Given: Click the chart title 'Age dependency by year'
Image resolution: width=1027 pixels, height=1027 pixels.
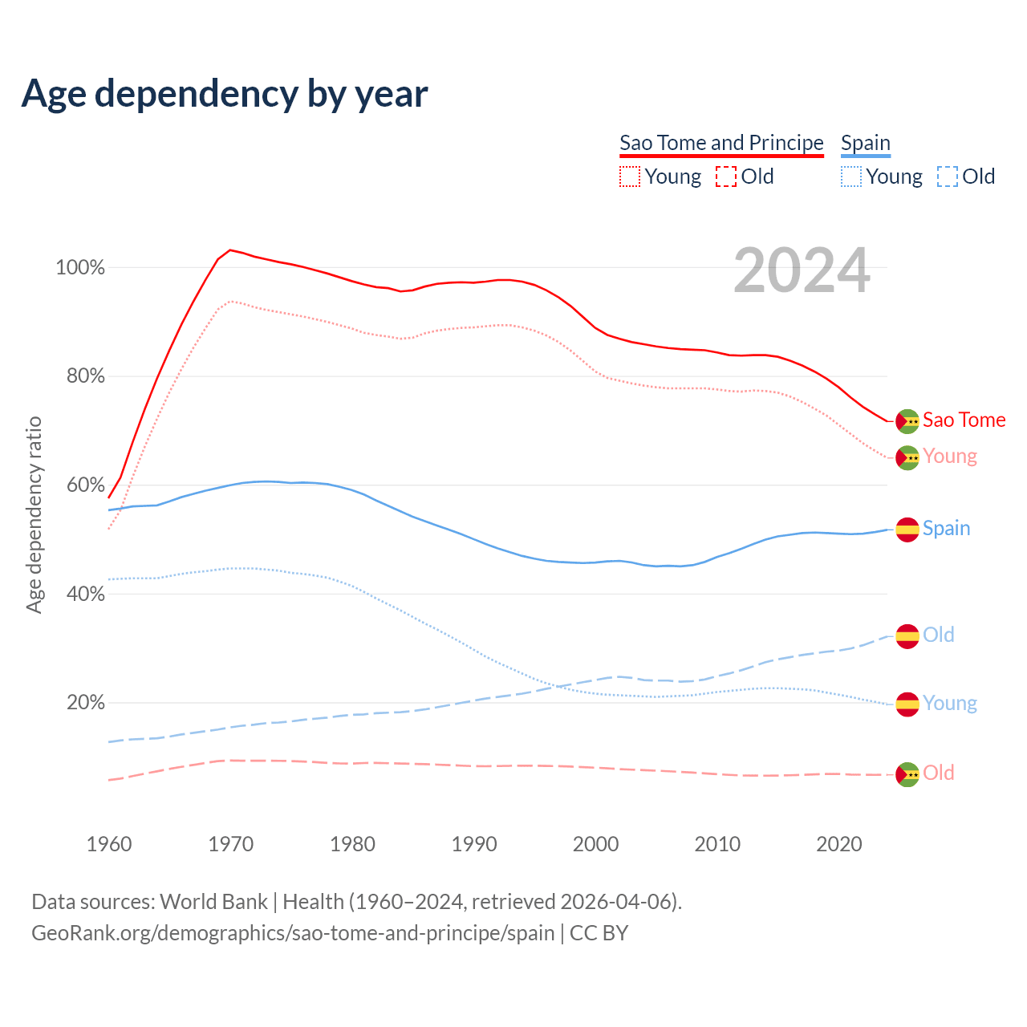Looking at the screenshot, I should [225, 94].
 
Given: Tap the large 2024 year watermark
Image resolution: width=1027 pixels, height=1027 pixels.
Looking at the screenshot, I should [802, 271].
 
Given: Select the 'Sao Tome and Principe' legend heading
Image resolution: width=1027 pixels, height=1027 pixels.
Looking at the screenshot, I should [721, 143].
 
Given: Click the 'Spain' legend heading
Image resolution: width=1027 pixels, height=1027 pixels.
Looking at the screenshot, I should [866, 143].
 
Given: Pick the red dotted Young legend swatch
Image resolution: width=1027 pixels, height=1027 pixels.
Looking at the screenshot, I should [630, 177].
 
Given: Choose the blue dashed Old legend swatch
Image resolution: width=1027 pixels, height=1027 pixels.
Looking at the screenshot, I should [947, 177].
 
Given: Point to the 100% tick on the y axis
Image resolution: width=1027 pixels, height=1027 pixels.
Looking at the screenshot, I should [80, 268].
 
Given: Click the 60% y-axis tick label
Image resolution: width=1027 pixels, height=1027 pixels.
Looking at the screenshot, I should [85, 485].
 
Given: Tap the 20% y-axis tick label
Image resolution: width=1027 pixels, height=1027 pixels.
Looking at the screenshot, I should [85, 703].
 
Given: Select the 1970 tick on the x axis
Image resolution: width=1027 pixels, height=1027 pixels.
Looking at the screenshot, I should [231, 844].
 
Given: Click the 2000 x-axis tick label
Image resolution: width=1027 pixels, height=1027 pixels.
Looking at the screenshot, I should [595, 844].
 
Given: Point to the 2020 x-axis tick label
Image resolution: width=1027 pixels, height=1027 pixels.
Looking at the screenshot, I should [839, 844].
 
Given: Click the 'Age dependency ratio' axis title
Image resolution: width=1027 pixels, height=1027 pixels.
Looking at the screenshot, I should [34, 514].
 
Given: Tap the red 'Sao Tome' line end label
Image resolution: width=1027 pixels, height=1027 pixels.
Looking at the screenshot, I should [964, 420].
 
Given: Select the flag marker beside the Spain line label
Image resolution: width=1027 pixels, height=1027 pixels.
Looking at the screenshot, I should [907, 530].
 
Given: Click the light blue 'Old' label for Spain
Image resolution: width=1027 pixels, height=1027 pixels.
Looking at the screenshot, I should [938, 635].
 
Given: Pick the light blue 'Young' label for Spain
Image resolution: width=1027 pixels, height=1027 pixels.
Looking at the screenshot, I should [949, 704].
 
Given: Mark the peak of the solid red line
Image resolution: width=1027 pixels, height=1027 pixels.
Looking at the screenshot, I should [230, 250].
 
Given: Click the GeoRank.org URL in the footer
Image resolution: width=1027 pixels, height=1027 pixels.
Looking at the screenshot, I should [293, 933].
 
